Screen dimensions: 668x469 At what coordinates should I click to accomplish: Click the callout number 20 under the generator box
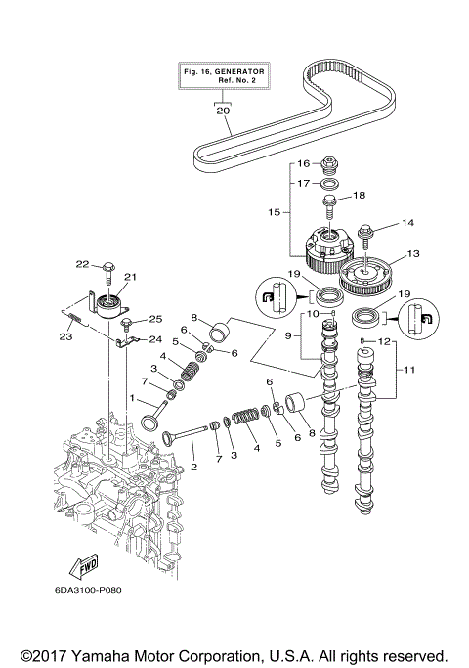pos(224,111)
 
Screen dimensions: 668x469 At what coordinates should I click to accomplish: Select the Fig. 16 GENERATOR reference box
pos(224,76)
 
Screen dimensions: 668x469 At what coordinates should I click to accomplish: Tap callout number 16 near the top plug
pos(303,163)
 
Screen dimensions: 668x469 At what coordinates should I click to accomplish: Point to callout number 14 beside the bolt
pos(408,224)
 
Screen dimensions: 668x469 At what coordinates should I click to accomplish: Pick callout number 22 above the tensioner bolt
pos(83,264)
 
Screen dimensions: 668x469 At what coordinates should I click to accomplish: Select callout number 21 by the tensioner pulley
pos(128,278)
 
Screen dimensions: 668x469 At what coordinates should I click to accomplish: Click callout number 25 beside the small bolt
pos(154,319)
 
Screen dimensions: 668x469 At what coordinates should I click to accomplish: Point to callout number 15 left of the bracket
pos(275,210)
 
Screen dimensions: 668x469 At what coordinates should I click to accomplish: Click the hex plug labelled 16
pos(330,162)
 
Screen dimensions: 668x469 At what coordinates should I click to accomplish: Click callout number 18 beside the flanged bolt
pos(358,195)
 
